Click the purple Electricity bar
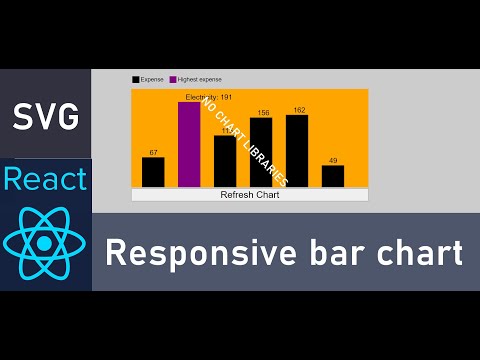coord(189,144)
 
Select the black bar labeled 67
coord(153,172)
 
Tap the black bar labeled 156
coord(261,152)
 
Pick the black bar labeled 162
coord(297,150)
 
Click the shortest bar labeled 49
coord(333,176)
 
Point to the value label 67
coord(153,153)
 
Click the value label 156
coord(263,113)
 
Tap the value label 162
coord(298,110)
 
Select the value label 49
coord(333,161)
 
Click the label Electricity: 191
coord(208,97)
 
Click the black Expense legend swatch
coord(135,79)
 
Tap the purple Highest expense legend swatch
coord(173,79)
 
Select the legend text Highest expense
coord(200,79)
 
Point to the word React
coord(46,181)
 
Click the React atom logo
coord(46,244)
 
